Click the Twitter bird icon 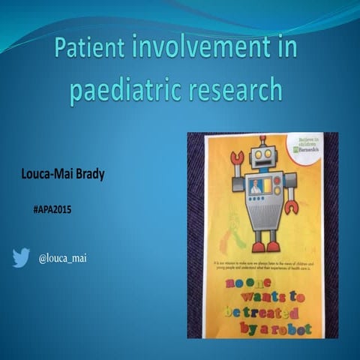pos(20,258)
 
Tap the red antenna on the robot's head pos(262,139)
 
